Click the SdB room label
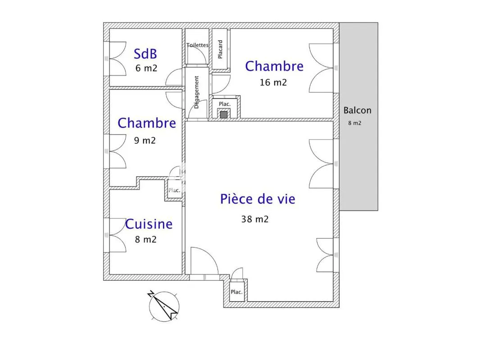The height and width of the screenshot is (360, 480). coord(145,54)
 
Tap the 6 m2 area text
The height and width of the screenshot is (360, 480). coord(146,68)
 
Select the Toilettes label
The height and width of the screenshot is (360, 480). coord(198,45)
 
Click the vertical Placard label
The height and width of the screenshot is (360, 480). coord(220,49)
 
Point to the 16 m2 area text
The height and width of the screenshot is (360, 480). coord(273,82)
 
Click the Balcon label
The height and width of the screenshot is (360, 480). coord(357,110)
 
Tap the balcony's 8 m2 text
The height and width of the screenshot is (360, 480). coord(354,123)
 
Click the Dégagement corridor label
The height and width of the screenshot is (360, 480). coord(196,92)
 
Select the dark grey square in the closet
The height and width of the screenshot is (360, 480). coord(224,115)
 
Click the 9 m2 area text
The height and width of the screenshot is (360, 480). coord(145,140)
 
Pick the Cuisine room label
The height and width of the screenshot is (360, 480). coord(149,224)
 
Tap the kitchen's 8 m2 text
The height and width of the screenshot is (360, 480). coord(146,239)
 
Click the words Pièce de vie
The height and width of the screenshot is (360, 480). coord(258,199)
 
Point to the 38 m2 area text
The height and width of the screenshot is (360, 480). coord(255,219)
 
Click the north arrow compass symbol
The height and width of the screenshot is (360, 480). coord(164,306)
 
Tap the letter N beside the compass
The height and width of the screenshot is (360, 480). coord(150,294)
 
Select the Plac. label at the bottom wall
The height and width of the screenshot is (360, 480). coord(237,292)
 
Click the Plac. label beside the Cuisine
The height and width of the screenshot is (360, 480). coord(174,190)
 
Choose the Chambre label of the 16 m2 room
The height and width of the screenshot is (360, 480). coord(274,66)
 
